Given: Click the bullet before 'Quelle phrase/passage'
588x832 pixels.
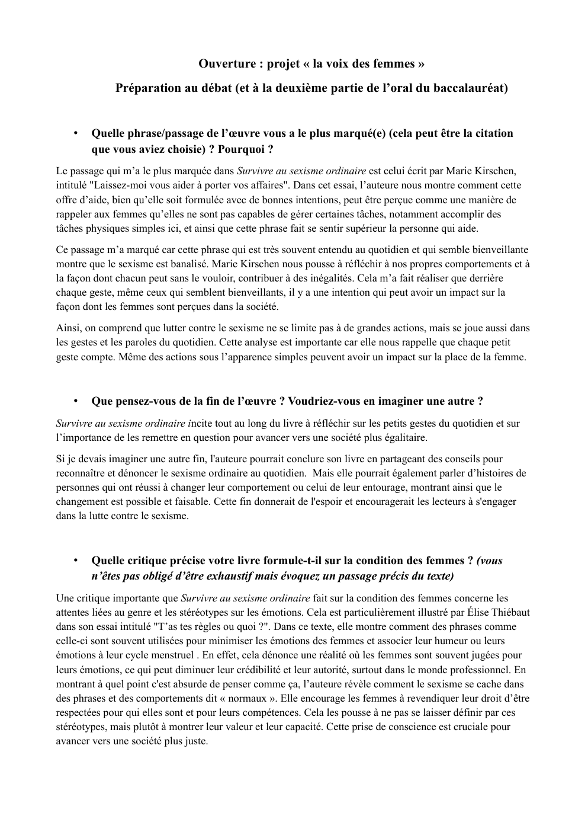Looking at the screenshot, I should pyautogui.click(x=76, y=133).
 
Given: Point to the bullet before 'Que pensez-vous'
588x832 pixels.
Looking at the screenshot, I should pyautogui.click(x=76, y=401).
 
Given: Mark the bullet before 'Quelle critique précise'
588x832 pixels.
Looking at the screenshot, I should pyautogui.click(x=76, y=561).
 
